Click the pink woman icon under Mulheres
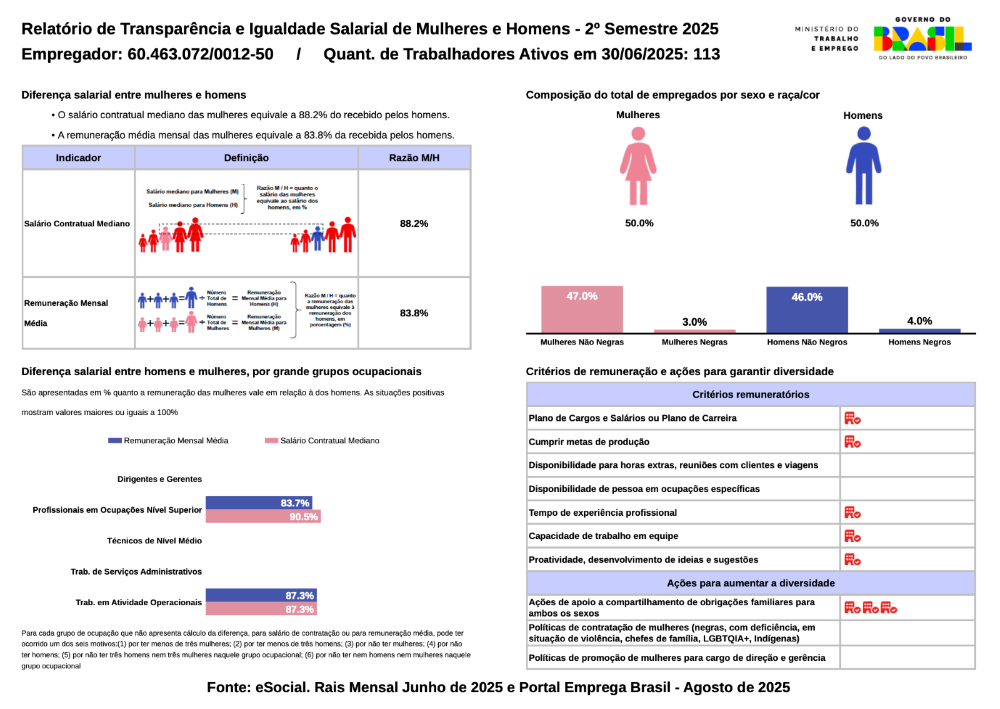point(638,166)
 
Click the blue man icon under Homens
point(864,166)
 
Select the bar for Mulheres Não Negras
point(582,309)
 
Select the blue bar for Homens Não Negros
point(807,310)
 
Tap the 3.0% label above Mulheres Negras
point(694,322)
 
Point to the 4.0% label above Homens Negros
point(919,321)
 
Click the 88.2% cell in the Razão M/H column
point(414,223)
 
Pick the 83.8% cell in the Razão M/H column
point(414,313)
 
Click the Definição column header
point(246,158)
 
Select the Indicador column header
point(78,158)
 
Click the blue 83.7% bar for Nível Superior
point(259,503)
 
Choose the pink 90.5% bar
point(262,516)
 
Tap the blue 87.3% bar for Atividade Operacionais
point(261,595)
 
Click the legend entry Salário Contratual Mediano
point(322,441)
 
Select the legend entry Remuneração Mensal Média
point(169,441)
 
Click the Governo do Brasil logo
point(922,39)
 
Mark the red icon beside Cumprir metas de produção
point(852,442)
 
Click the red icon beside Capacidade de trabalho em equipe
point(852,536)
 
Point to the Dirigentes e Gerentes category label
point(159,479)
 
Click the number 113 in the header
point(706,54)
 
